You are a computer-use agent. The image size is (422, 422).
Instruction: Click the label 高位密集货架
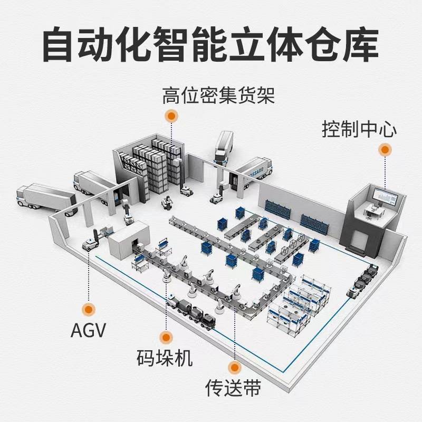(218, 97)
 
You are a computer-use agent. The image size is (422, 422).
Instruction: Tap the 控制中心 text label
(359, 129)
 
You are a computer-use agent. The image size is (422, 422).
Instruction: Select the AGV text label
(88, 331)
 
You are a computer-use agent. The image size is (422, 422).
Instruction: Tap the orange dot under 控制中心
(386, 150)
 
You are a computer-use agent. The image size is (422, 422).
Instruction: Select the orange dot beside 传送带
(233, 366)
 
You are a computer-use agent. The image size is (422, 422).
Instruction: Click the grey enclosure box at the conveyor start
(130, 241)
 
